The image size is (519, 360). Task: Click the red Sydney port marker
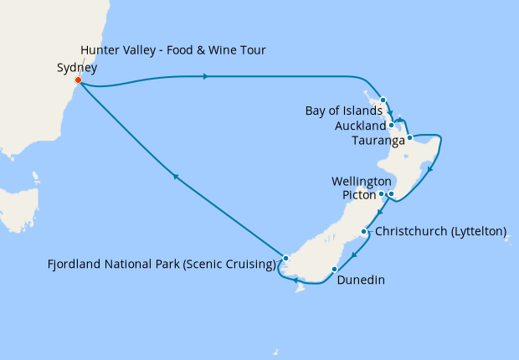(x=78, y=80)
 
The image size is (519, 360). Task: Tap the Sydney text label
(x=77, y=68)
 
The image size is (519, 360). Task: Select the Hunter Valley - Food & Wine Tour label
(x=173, y=50)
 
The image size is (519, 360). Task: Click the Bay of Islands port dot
(x=383, y=100)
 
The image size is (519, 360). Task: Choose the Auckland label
(x=359, y=126)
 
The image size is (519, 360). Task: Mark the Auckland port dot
(x=391, y=125)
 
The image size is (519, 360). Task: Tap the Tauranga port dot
(x=409, y=137)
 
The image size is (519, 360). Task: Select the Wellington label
(x=362, y=181)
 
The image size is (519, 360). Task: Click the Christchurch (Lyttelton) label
(x=441, y=231)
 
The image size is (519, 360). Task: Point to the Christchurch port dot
(x=363, y=232)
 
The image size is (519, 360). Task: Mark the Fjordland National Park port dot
(x=285, y=258)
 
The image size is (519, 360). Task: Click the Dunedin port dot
(x=334, y=270)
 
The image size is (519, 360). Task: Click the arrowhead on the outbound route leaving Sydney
(x=206, y=77)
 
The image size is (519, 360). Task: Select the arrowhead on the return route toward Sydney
(x=175, y=176)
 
